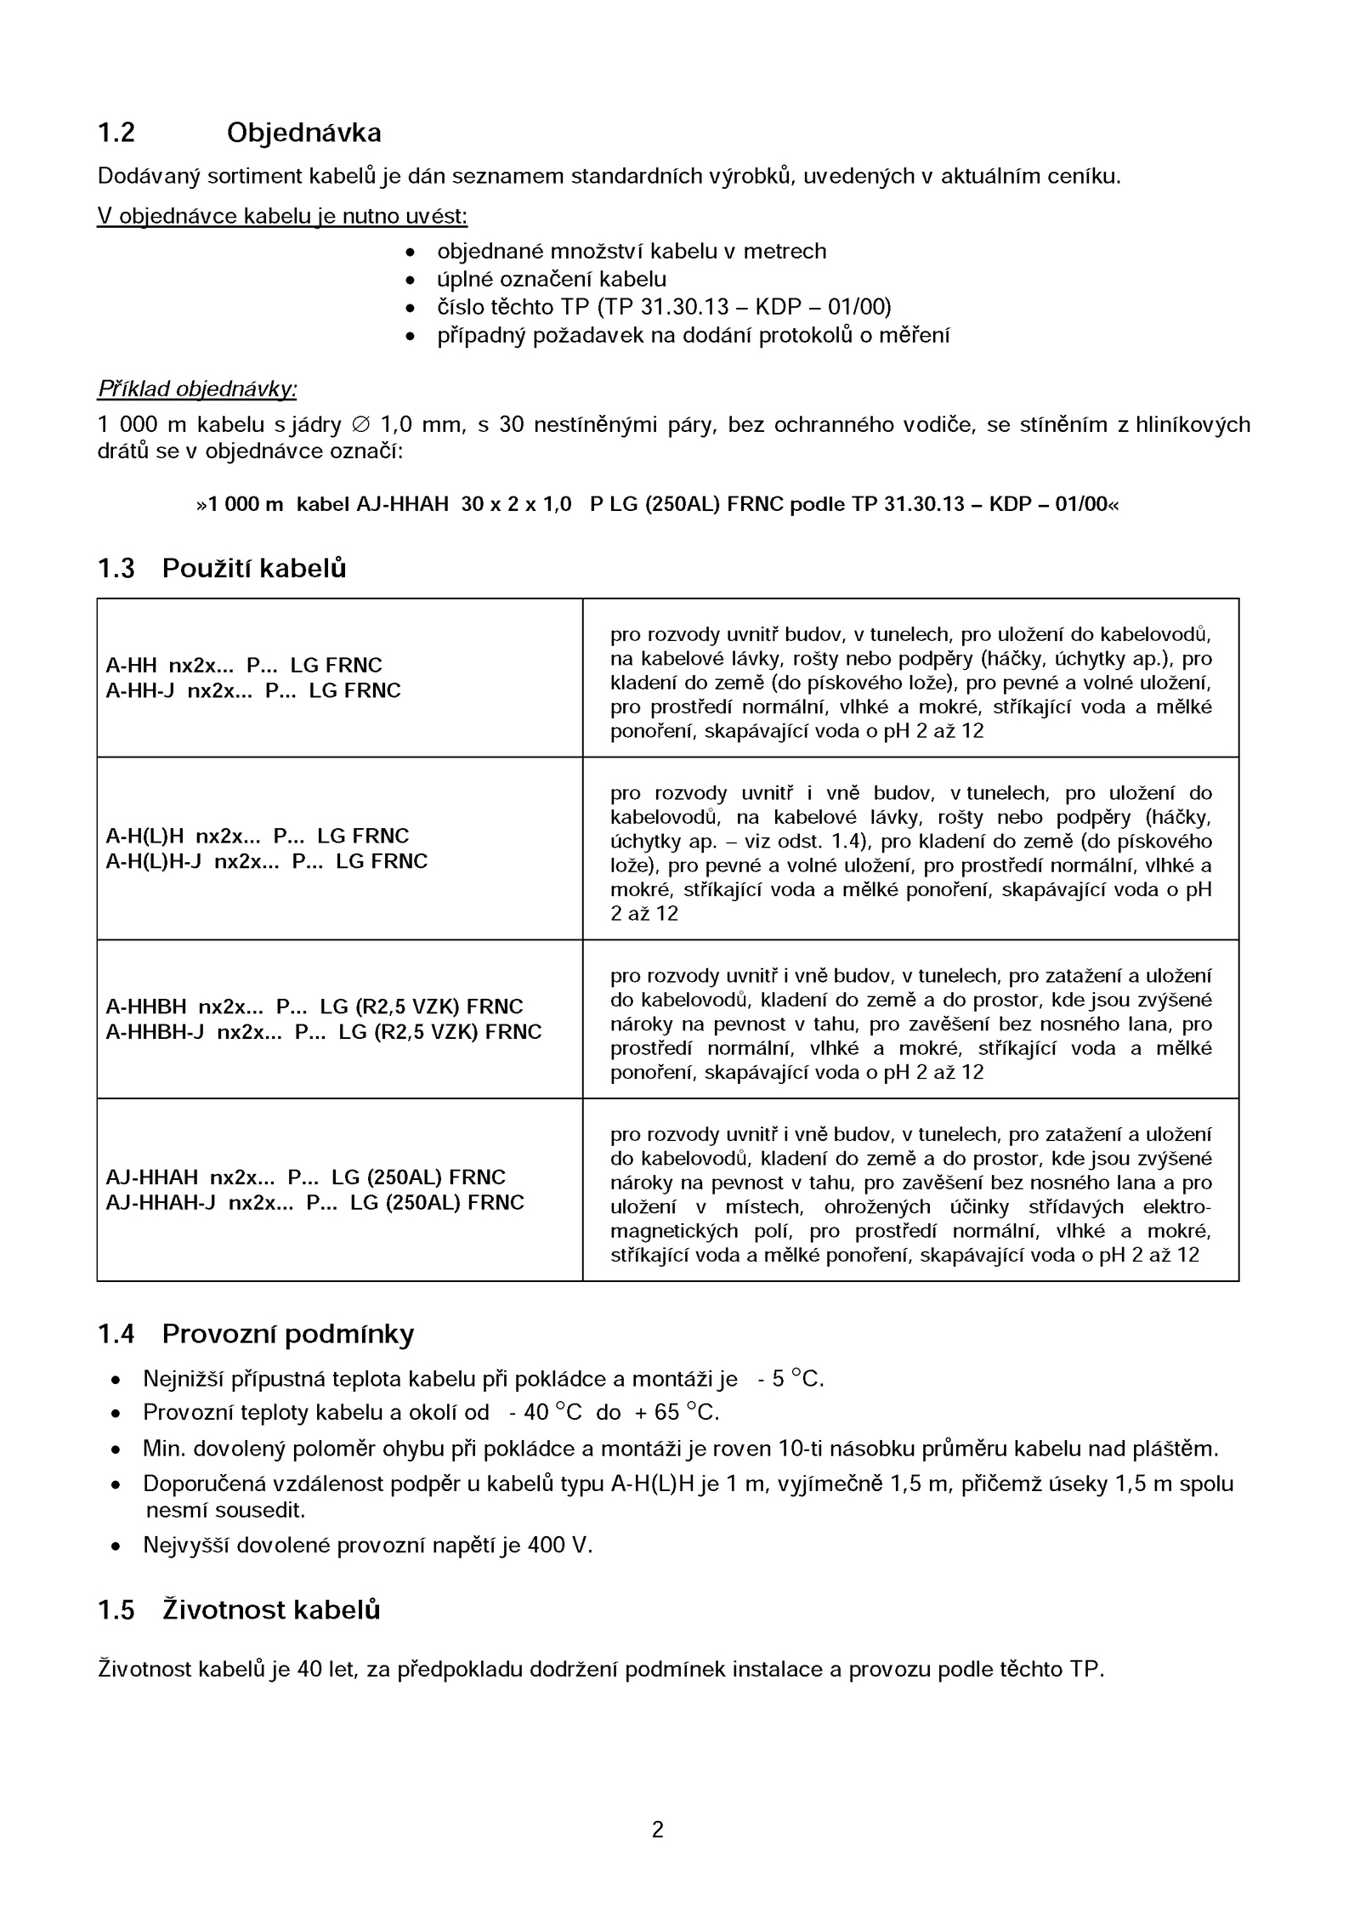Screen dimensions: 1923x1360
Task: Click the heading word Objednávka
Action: [303, 133]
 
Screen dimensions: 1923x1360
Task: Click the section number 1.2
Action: [116, 133]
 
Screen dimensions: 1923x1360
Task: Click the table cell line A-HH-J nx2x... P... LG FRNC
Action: [252, 690]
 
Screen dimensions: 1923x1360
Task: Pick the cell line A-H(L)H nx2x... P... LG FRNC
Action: [257, 836]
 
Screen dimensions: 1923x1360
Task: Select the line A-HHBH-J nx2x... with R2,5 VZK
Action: [323, 1032]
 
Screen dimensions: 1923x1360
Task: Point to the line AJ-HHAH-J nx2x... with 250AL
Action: [314, 1202]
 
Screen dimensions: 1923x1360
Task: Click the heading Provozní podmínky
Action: [287, 1334]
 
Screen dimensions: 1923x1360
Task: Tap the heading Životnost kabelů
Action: [270, 1609]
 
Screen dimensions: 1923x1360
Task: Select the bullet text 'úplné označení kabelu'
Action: [552, 279]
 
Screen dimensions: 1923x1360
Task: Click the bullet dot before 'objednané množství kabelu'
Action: [411, 252]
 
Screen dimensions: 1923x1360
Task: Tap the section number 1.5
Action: [116, 1609]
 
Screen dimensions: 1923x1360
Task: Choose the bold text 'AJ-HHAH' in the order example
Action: [402, 504]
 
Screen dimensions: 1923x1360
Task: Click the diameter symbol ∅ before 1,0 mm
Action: [360, 424]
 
